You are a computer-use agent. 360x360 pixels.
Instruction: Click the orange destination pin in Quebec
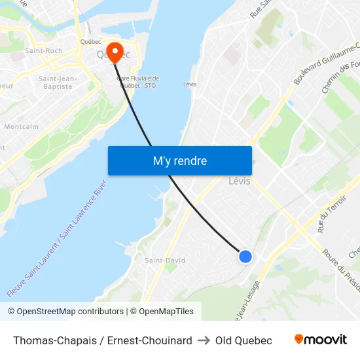(x=115, y=52)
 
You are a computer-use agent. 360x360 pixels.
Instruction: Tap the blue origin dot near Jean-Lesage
(x=245, y=257)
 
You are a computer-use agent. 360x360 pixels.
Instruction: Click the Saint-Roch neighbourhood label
(x=44, y=50)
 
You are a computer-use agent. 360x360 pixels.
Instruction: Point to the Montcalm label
(x=22, y=126)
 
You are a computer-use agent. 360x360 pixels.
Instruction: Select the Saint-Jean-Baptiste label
(x=58, y=82)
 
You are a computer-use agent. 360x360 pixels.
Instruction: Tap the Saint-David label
(x=165, y=260)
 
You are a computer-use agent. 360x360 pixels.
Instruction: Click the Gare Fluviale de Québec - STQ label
(x=138, y=81)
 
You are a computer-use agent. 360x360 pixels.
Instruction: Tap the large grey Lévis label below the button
(x=240, y=181)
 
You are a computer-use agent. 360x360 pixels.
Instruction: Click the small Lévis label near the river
(x=190, y=84)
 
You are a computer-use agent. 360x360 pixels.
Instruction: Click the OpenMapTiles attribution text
(x=164, y=312)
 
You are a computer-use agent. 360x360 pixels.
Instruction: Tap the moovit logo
(x=320, y=340)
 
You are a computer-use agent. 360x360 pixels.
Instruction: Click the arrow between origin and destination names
(x=204, y=340)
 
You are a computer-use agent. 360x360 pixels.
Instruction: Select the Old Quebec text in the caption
(x=243, y=340)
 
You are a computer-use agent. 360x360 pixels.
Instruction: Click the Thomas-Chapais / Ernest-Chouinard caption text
(x=103, y=340)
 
